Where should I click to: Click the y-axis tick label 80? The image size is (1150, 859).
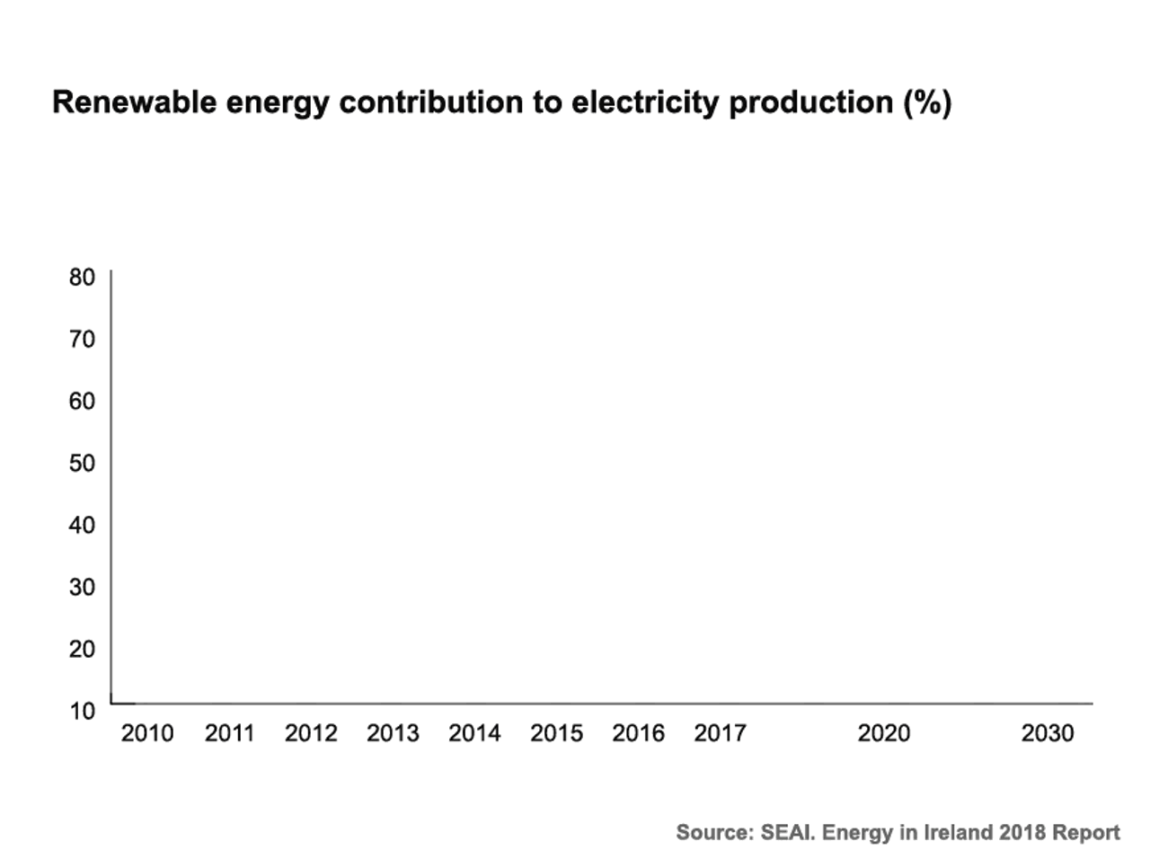[82, 277]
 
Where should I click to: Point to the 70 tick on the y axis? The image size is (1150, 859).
[82, 339]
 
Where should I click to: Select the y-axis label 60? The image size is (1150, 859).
[82, 401]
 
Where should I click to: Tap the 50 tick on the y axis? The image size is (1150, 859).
[82, 463]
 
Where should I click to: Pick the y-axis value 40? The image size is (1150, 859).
[82, 525]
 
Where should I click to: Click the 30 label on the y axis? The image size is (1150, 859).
[82, 587]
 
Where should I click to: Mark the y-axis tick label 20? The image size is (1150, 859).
[82, 649]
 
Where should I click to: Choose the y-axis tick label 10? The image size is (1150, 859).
[82, 711]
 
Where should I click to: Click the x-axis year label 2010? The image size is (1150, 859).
[147, 733]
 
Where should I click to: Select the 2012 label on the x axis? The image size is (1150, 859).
[311, 733]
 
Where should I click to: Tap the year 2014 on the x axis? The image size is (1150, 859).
[474, 733]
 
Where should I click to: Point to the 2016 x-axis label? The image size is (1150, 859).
[638, 733]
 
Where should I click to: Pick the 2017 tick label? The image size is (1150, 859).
[720, 733]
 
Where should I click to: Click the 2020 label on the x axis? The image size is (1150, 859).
[883, 733]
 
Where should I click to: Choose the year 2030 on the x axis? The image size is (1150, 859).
[1048, 733]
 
